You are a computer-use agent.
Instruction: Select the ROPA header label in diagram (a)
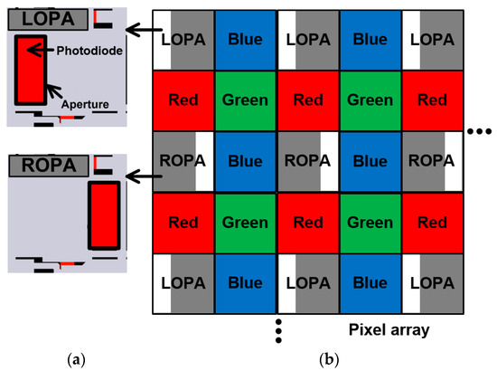click(50, 166)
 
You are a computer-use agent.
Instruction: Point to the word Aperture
click(87, 105)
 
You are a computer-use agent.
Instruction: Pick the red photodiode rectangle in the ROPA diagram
click(104, 214)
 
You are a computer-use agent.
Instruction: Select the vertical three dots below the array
click(278, 332)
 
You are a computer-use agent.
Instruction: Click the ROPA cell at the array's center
click(308, 162)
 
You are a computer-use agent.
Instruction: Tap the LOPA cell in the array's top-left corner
click(183, 40)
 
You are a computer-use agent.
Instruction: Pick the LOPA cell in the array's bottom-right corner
click(430, 283)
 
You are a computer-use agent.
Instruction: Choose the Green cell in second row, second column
click(246, 101)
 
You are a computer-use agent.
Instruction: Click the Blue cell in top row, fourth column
click(370, 40)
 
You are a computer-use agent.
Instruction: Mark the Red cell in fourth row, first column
click(183, 223)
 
